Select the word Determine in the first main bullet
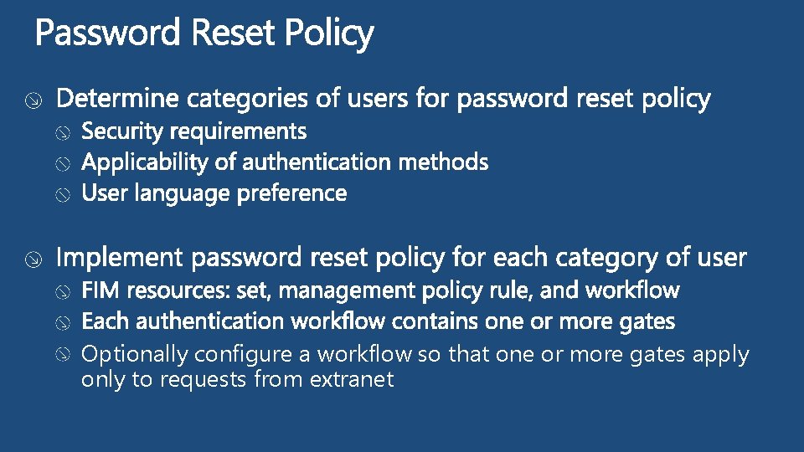[x=117, y=99]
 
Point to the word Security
[x=116, y=131]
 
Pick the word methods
[x=442, y=162]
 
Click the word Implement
[x=119, y=258]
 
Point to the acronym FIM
[x=99, y=290]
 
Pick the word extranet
[x=351, y=379]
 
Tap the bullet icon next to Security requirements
[x=63, y=133]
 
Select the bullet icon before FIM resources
[x=63, y=292]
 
